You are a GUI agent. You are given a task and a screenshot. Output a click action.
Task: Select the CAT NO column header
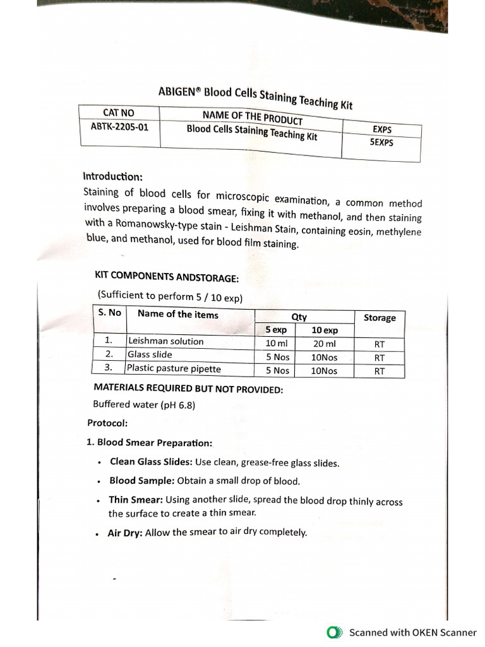(x=119, y=112)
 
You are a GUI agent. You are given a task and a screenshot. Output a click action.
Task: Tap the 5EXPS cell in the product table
(x=381, y=142)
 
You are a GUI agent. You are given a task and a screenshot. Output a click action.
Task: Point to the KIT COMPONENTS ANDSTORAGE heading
(x=167, y=276)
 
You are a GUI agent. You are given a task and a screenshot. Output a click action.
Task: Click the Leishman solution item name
(x=165, y=341)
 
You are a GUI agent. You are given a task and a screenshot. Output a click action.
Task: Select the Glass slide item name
(x=150, y=354)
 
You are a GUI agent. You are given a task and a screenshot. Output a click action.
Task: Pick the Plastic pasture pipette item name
(x=174, y=368)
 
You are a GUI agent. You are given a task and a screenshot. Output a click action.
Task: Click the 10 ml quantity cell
(x=276, y=343)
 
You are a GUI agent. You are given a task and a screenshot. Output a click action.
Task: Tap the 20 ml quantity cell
(x=325, y=344)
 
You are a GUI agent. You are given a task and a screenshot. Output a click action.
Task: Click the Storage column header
(x=380, y=318)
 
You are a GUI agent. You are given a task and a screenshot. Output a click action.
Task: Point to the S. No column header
(x=109, y=313)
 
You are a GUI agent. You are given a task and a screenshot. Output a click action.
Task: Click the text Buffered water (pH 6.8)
(x=144, y=404)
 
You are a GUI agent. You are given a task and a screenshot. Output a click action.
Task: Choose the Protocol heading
(x=107, y=422)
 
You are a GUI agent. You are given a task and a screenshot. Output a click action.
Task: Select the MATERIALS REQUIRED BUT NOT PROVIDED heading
(x=188, y=389)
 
